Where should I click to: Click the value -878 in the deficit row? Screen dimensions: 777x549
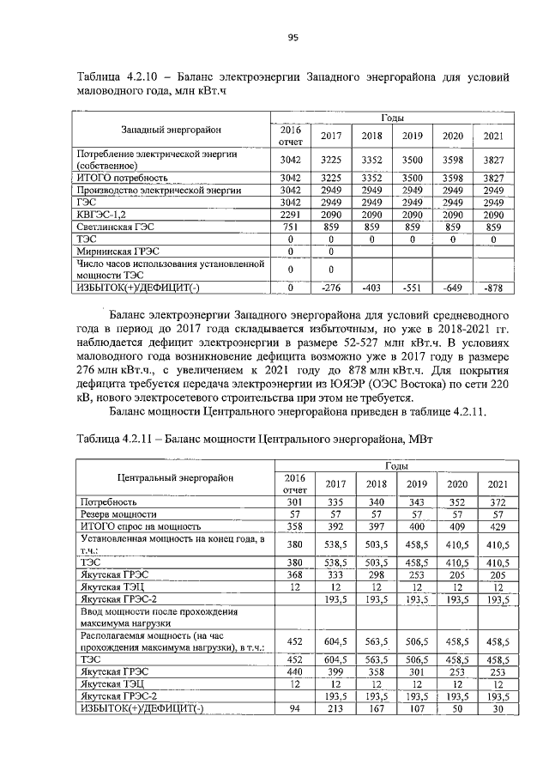point(492,287)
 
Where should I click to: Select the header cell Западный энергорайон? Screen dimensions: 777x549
point(171,130)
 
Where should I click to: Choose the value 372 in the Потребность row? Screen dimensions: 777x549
point(492,501)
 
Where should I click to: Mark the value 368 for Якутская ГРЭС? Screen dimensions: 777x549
point(294,574)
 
